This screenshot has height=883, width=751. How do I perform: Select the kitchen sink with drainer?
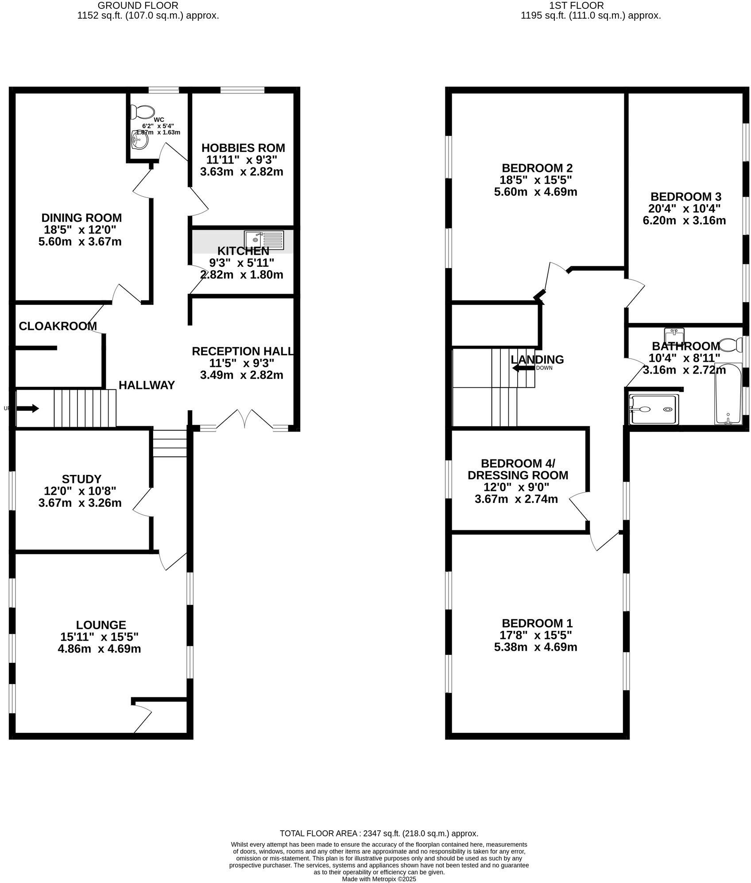coord(264,240)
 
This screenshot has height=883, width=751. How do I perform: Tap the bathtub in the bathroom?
coord(728,393)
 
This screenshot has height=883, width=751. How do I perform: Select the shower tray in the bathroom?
coord(654,409)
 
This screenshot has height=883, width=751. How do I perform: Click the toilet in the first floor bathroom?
coord(732,344)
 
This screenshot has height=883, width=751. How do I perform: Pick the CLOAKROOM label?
coord(58,326)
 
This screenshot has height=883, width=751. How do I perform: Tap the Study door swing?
coord(143,502)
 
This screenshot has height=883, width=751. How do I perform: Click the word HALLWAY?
coord(147,385)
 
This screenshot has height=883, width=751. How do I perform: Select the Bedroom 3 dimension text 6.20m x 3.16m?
coord(684,220)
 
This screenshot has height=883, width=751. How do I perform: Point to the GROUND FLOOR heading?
coord(138,6)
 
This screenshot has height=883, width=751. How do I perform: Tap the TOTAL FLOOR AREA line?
coord(379,833)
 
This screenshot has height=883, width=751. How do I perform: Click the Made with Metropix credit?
coord(379,879)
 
